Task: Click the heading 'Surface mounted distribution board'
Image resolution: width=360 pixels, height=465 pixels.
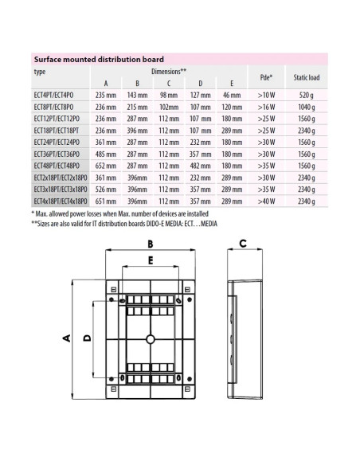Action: pos(98,59)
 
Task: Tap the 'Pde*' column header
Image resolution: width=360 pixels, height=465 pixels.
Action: pos(266,77)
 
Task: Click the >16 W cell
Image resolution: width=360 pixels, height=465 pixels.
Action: pos(266,107)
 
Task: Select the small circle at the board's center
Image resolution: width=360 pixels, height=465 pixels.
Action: pos(150,339)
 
